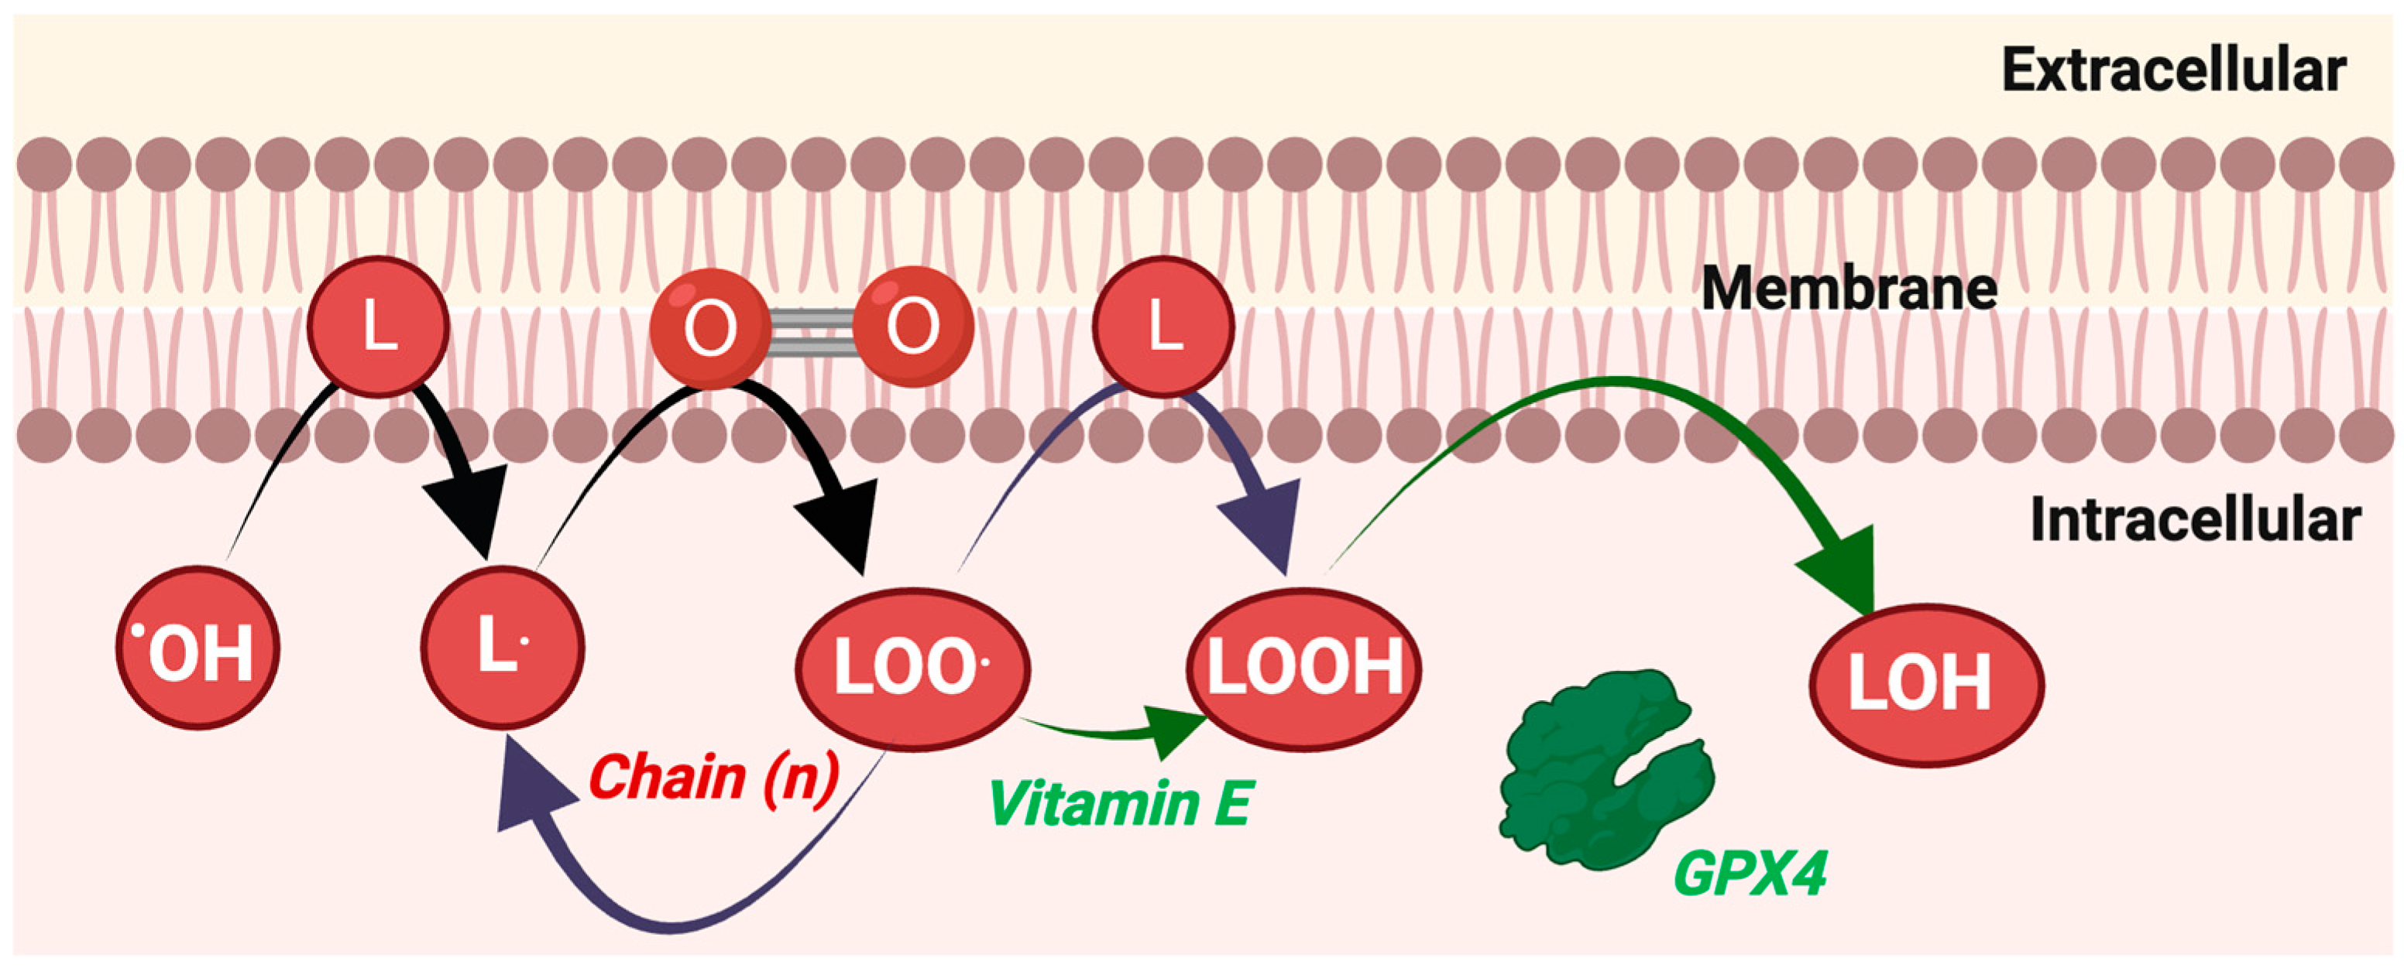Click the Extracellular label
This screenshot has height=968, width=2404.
pyautogui.click(x=2172, y=71)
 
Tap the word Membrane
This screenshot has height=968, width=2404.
pyautogui.click(x=1849, y=288)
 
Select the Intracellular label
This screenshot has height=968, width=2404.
pyautogui.click(x=2195, y=521)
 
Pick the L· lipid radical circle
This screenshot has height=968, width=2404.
pyautogui.click(x=502, y=646)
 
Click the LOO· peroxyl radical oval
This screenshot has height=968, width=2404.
pyautogui.click(x=912, y=668)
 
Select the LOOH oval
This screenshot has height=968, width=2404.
pyautogui.click(x=1303, y=668)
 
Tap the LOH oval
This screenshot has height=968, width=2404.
pyautogui.click(x=1926, y=683)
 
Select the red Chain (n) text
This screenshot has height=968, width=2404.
pyautogui.click(x=714, y=776)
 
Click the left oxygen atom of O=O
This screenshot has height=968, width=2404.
pyautogui.click(x=710, y=328)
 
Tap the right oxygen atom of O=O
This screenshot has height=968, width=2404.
pyautogui.click(x=912, y=327)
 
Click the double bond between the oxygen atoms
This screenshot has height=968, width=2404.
pyautogui.click(x=810, y=333)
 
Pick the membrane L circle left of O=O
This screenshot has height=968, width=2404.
pyautogui.click(x=378, y=327)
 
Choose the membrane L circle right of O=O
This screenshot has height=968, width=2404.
pyautogui.click(x=1163, y=327)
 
